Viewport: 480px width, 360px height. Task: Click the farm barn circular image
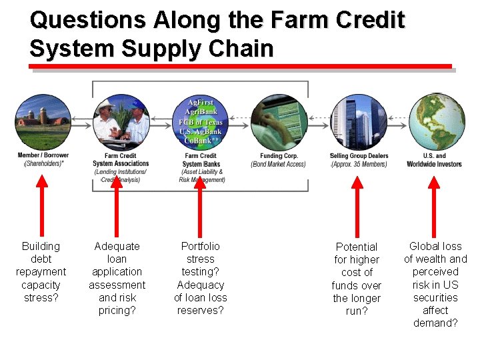point(43,122)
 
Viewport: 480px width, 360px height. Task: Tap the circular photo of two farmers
point(121,122)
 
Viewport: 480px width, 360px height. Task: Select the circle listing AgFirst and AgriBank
point(200,122)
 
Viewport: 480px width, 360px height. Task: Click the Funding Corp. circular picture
point(278,122)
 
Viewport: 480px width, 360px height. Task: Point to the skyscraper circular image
point(358,122)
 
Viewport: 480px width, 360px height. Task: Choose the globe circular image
point(435,122)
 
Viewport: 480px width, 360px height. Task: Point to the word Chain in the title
point(241,49)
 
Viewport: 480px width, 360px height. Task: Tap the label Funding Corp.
point(279,156)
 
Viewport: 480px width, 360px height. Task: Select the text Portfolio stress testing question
point(200,278)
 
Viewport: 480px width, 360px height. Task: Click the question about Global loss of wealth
point(435,285)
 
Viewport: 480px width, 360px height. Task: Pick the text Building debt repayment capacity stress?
point(41,272)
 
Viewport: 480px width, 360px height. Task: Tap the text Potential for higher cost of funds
point(357,279)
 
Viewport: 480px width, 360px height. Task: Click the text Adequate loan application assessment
point(117,278)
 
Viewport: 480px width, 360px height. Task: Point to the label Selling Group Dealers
point(359,156)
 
